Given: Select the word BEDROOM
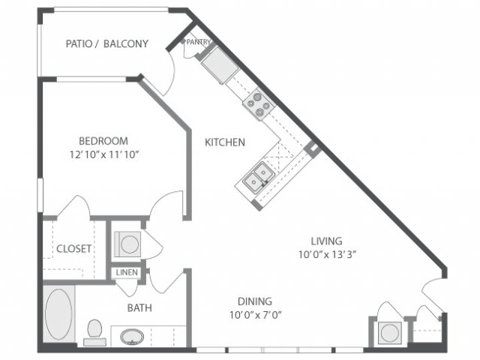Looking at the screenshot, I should pyautogui.click(x=103, y=140).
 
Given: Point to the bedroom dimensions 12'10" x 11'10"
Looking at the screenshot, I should pyautogui.click(x=103, y=154).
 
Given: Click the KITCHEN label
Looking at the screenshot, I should pyautogui.click(x=225, y=142).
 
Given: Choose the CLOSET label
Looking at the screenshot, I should pyautogui.click(x=73, y=248).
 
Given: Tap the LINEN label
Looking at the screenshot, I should pyautogui.click(x=126, y=272).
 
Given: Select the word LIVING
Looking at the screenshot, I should pyautogui.click(x=327, y=241).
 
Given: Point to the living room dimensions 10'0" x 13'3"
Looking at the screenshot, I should pyautogui.click(x=327, y=255).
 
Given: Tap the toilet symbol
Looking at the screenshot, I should pyautogui.click(x=94, y=331).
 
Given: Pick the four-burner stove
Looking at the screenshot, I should pyautogui.click(x=257, y=103).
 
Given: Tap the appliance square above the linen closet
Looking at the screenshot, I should pyautogui.click(x=127, y=244).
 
